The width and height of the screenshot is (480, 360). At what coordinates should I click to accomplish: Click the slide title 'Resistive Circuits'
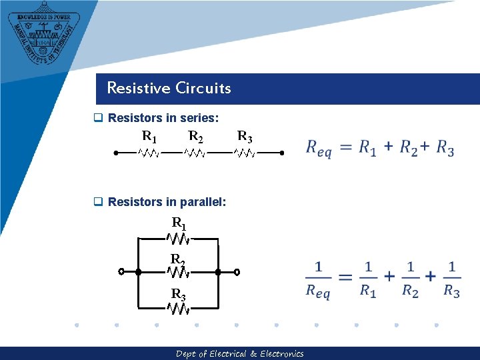[x=169, y=88]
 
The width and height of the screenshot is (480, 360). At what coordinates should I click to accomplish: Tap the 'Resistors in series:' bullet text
[x=163, y=118]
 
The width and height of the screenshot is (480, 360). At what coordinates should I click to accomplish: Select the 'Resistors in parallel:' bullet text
[x=167, y=201]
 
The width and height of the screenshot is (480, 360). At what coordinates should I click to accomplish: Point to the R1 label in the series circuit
[x=149, y=137]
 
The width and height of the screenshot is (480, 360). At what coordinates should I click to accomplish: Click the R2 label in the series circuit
[x=196, y=137]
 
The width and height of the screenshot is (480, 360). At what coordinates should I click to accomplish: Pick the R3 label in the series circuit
[x=245, y=137]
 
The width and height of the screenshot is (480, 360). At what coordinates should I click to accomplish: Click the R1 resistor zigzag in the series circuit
[x=148, y=153]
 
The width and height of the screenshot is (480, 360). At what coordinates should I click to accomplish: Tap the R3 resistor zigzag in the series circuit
[x=245, y=153]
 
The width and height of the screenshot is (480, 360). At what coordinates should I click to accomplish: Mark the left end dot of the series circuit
[x=115, y=153]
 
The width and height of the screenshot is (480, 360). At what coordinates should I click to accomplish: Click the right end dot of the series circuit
[x=282, y=153]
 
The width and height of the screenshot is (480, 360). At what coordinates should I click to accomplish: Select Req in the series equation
[x=318, y=149]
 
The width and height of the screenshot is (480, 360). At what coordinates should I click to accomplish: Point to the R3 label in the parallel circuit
[x=178, y=294]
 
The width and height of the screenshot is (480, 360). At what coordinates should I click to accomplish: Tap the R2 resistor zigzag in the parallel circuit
[x=178, y=272]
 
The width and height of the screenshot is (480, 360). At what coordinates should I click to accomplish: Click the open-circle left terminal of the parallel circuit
[x=121, y=272]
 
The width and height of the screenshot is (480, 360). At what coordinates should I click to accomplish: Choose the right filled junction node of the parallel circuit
[x=218, y=272]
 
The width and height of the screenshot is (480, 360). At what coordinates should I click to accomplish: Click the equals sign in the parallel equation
[x=345, y=277]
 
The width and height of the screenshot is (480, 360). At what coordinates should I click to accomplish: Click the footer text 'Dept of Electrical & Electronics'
[x=239, y=354]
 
